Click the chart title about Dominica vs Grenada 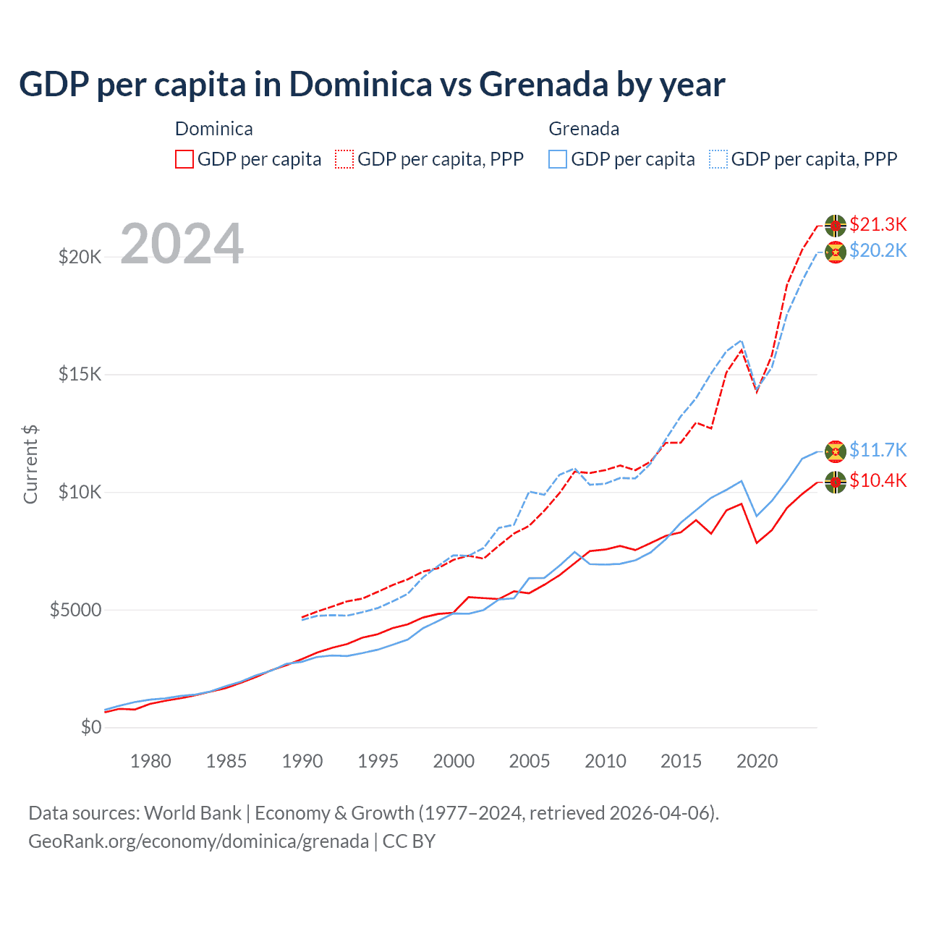tap(372, 85)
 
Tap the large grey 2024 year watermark tap(182, 245)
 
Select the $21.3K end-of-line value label tap(878, 224)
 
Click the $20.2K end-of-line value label tap(878, 251)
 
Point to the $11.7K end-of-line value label tap(878, 450)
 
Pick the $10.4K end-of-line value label tap(878, 480)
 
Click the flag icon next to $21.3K tap(836, 226)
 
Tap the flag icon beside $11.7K tap(836, 451)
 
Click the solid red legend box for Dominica tap(184, 159)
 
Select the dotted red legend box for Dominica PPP tap(344, 159)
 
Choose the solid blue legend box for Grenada tap(558, 159)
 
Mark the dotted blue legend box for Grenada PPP tap(718, 159)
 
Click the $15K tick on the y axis tap(80, 375)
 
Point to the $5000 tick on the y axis tap(75, 610)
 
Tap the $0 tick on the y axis tap(90, 728)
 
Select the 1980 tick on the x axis tap(150, 761)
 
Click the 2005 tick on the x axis tap(530, 761)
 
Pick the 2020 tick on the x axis tap(757, 761)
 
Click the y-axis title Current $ tap(30, 464)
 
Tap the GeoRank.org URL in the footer tap(198, 841)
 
